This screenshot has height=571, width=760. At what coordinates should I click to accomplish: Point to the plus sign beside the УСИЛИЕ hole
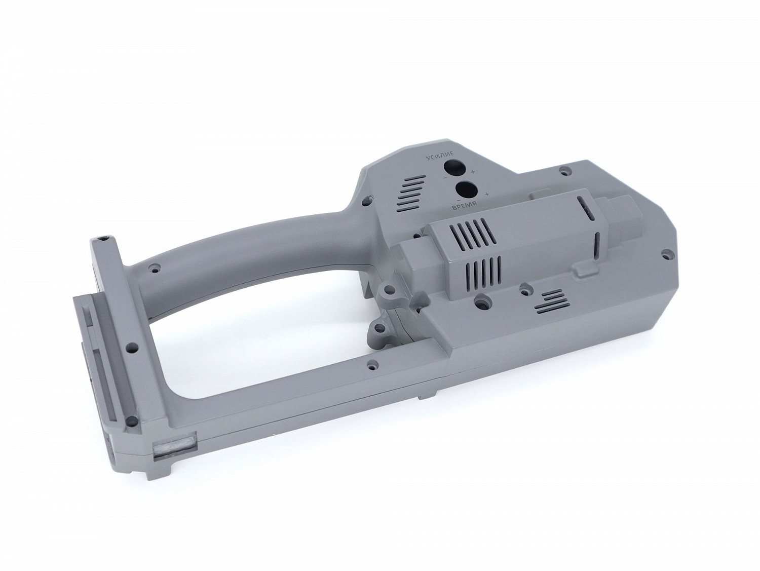pos(473,171)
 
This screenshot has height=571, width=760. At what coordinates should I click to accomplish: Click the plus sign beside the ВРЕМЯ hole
pos(487,194)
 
